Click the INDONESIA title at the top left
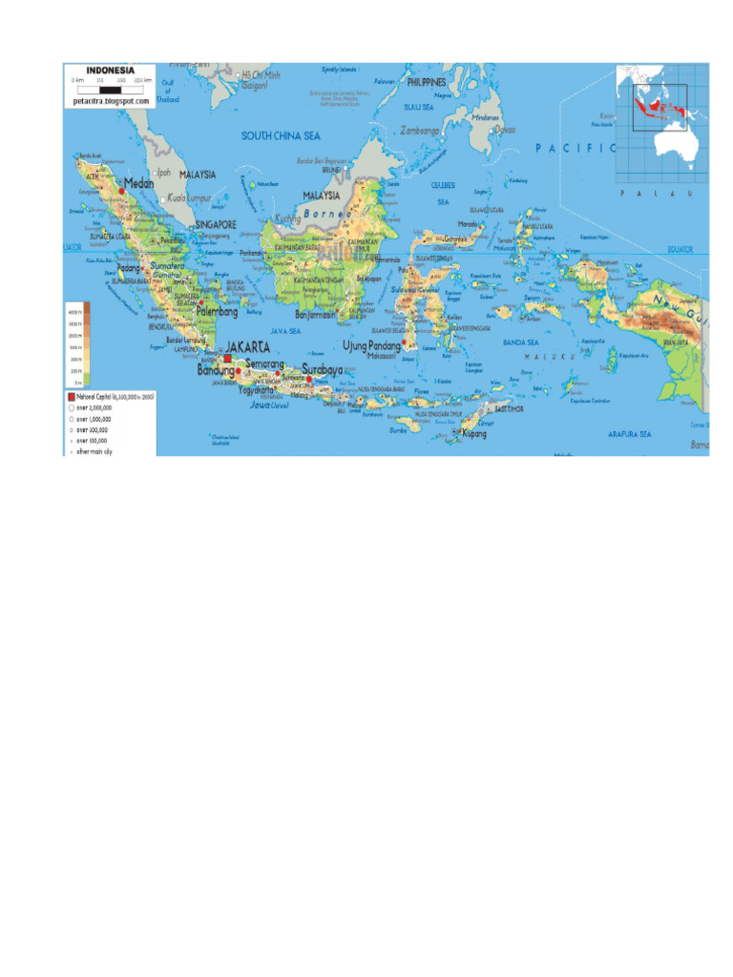tap(110, 71)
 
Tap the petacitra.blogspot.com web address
tap(111, 99)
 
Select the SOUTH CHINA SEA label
tap(280, 136)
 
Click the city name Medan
tap(139, 184)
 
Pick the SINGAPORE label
tap(216, 225)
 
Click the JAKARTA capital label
tap(246, 347)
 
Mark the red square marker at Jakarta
tap(228, 359)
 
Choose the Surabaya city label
tap(322, 368)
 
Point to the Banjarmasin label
tap(316, 313)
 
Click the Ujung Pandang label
tap(371, 345)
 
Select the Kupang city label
tap(474, 434)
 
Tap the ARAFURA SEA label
tap(630, 434)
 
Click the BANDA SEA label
tap(521, 342)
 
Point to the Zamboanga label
tap(421, 130)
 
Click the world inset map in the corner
tap(662, 123)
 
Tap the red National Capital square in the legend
tap(70, 394)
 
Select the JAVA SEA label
tap(285, 331)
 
